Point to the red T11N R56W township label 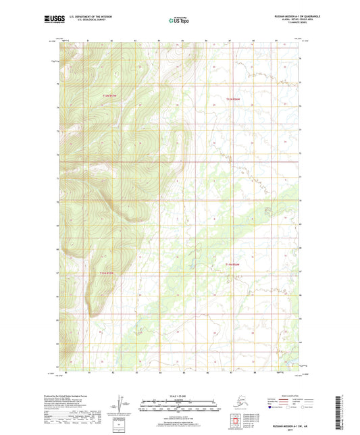coord(232,264)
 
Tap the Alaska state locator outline coord(234,398)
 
